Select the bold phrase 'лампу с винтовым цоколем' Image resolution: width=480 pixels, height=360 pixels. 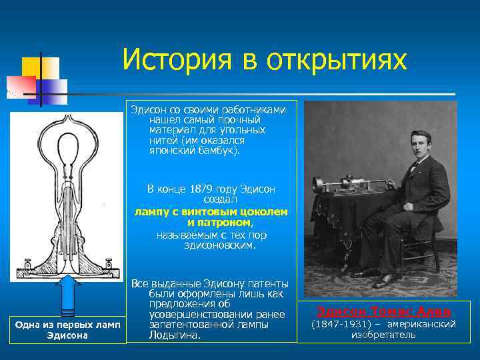[x=211, y=211]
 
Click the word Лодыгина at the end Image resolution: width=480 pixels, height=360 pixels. [x=176, y=335]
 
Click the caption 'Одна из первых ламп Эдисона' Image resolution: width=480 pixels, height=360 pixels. [x=67, y=329]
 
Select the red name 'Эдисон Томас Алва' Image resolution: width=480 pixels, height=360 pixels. [x=383, y=311]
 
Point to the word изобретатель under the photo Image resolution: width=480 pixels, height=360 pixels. [x=383, y=335]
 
